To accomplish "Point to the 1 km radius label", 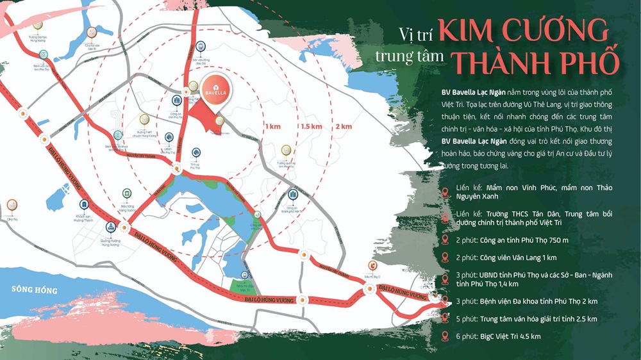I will pyautogui.click(x=272, y=126).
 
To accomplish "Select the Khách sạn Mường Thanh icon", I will pyautogui.click(x=84, y=204).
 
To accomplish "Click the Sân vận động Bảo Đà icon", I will pyautogui.click(x=201, y=46).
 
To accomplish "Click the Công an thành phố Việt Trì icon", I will pyautogui.click(x=292, y=195).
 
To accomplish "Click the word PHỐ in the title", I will pyautogui.click(x=592, y=62).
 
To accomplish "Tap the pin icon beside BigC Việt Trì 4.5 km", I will pyautogui.click(x=445, y=336).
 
